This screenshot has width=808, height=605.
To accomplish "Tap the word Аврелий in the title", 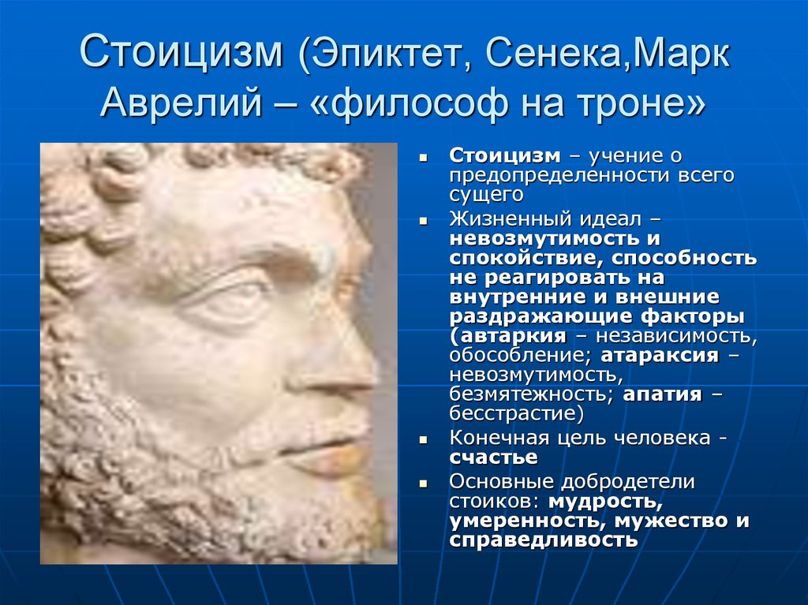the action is point(182,102).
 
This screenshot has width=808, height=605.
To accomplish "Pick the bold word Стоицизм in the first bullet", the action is point(504,155).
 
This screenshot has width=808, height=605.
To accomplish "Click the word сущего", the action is point(486,196).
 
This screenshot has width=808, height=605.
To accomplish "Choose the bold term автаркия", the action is point(513,336).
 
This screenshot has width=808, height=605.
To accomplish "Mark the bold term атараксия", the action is point(660,356).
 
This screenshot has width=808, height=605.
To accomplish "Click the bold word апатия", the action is point(662,394).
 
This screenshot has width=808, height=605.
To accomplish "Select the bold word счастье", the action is point(493,457).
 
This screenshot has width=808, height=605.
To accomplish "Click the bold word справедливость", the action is point(543,540).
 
